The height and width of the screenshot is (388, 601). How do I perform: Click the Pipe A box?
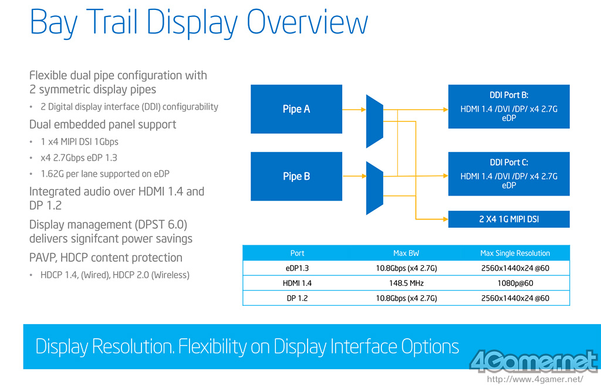(x=296, y=109)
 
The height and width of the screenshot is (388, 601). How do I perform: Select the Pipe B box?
(x=296, y=176)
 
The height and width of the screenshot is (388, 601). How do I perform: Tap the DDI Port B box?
(x=509, y=107)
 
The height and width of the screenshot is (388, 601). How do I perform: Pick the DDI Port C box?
(x=509, y=174)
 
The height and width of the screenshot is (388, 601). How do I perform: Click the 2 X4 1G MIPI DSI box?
(x=509, y=220)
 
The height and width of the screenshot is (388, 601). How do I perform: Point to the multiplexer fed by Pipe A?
(x=374, y=121)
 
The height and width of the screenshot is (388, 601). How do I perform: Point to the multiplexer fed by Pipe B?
(x=374, y=188)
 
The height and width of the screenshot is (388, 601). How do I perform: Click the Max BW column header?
(x=406, y=253)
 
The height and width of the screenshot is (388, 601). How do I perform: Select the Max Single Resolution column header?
(x=515, y=253)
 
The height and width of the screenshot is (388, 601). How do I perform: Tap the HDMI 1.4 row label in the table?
(x=297, y=284)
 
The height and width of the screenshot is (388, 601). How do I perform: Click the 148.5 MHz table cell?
(x=406, y=284)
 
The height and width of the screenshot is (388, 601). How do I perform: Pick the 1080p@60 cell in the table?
(x=515, y=284)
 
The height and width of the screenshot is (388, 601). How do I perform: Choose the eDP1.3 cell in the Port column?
(x=297, y=268)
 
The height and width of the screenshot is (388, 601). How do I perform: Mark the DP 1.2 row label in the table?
(x=297, y=298)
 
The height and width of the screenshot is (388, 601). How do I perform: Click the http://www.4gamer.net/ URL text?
(x=535, y=380)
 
